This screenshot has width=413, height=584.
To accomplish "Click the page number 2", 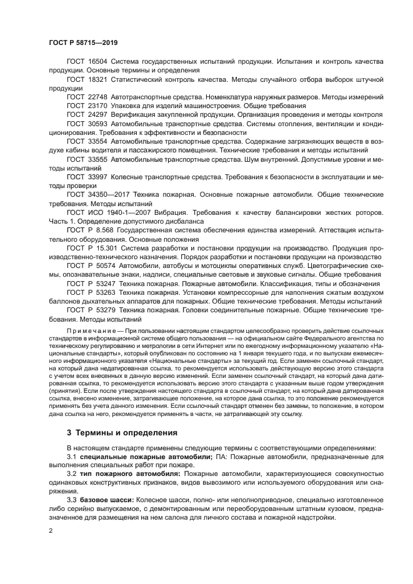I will (51, 530).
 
